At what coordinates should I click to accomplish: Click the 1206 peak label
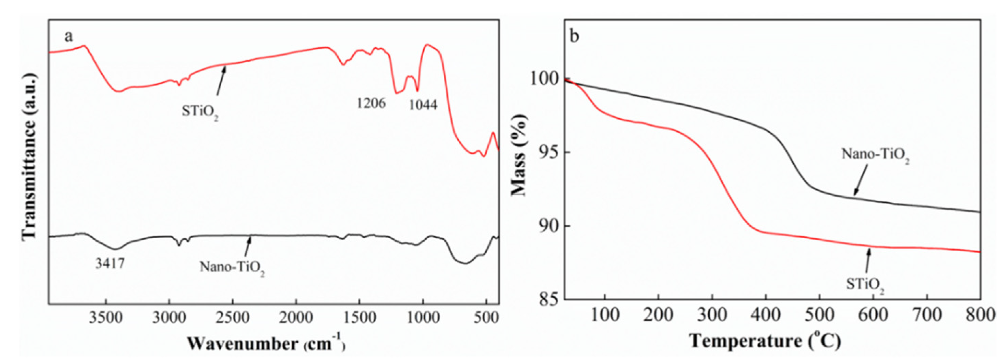pyautogui.click(x=371, y=103)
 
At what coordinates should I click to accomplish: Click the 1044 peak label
pyautogui.click(x=423, y=104)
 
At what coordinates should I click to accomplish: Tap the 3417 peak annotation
pyautogui.click(x=110, y=264)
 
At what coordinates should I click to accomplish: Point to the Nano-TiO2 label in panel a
pyautogui.click(x=232, y=268)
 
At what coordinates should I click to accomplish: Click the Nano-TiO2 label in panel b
pyautogui.click(x=875, y=155)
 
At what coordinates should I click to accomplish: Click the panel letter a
pyautogui.click(x=69, y=36)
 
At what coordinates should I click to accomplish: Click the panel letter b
pyautogui.click(x=575, y=36)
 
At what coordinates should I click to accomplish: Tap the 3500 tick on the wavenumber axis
pyautogui.click(x=106, y=318)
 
